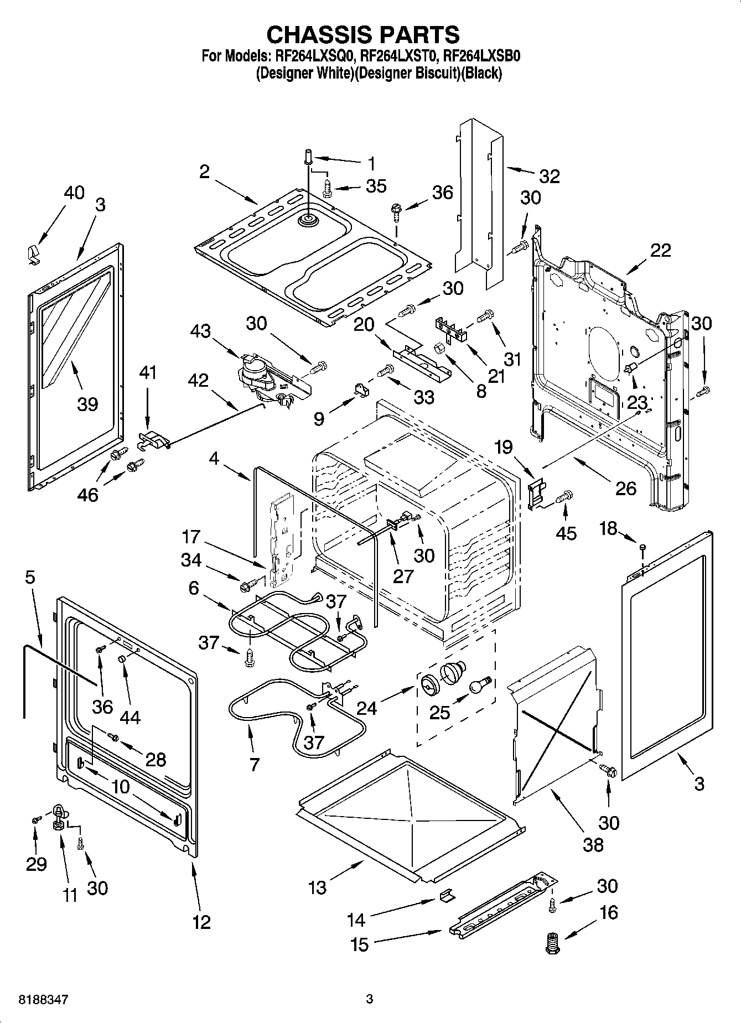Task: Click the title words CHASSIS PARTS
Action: tap(363, 34)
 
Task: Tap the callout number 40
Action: tap(74, 193)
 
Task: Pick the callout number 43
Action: tap(200, 331)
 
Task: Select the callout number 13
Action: tap(317, 887)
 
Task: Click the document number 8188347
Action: tap(44, 999)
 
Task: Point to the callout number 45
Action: tap(566, 533)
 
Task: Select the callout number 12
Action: tap(201, 922)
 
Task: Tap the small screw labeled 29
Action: tap(35, 818)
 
